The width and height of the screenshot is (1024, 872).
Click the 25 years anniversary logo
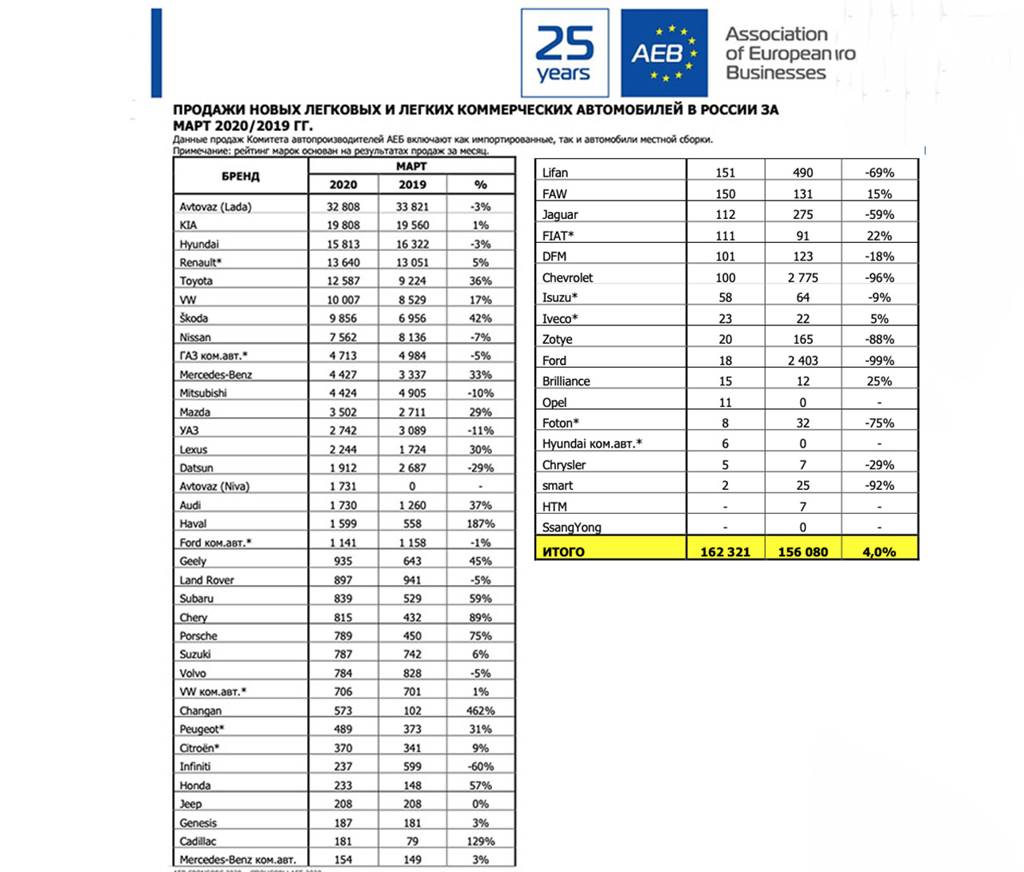coord(564,53)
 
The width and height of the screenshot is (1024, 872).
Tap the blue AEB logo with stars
coord(664,53)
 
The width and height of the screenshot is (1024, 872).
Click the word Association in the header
coord(776,34)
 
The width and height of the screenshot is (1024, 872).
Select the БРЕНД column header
coord(241,176)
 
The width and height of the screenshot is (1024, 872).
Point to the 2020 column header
coord(343,185)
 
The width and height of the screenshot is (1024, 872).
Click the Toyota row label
coord(196,281)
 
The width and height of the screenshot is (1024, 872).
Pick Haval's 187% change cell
coord(480,524)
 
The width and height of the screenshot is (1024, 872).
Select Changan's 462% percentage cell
coord(480,711)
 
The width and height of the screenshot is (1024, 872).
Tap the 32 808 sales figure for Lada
coord(343,206)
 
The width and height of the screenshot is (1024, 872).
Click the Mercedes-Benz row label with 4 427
coord(215,375)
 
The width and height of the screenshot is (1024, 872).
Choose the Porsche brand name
coord(198,636)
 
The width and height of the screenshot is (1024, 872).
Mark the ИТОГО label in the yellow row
coord(563,551)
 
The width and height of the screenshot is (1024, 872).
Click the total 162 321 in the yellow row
coord(725,551)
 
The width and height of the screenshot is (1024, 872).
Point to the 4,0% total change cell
coord(879,551)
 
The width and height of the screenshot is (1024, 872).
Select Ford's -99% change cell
coord(879,360)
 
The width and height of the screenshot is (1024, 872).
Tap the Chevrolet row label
coord(567,278)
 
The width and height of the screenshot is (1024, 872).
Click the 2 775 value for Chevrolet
coord(802,278)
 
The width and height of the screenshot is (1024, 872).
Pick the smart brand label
coord(558,486)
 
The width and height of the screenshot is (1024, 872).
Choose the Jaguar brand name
coord(560,214)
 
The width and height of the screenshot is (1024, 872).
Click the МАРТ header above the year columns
coord(411,166)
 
